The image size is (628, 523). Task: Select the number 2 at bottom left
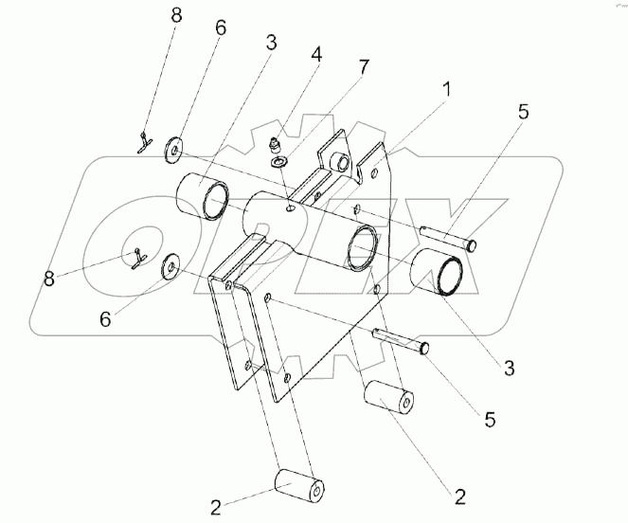(215, 506)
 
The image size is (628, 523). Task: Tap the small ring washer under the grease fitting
(280, 164)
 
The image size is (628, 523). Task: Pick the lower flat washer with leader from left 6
(170, 268)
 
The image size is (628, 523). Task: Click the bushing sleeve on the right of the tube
(437, 274)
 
